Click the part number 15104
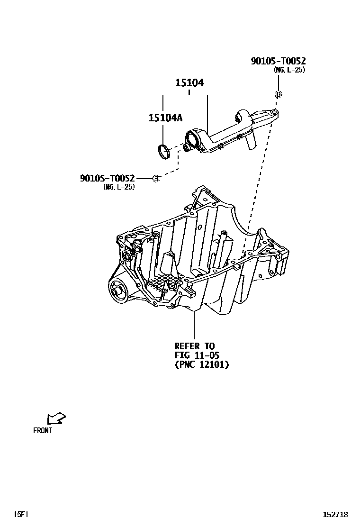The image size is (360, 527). pyautogui.click(x=189, y=83)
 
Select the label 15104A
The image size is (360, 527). pyautogui.click(x=165, y=118)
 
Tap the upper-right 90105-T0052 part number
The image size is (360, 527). pyautogui.click(x=278, y=61)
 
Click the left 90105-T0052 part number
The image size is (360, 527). pyautogui.click(x=108, y=178)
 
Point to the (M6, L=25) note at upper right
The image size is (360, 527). pyautogui.click(x=289, y=70)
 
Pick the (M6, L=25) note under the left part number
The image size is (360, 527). pyautogui.click(x=119, y=187)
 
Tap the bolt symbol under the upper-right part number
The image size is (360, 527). pyautogui.click(x=279, y=94)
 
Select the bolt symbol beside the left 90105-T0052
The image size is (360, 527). pyautogui.click(x=156, y=178)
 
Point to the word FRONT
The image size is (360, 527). pyautogui.click(x=43, y=431)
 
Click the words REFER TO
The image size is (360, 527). pyautogui.click(x=194, y=346)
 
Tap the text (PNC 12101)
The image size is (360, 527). pyautogui.click(x=201, y=364)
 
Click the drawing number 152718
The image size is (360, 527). pyautogui.click(x=335, y=514)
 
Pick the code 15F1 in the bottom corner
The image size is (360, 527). pyautogui.click(x=21, y=514)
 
